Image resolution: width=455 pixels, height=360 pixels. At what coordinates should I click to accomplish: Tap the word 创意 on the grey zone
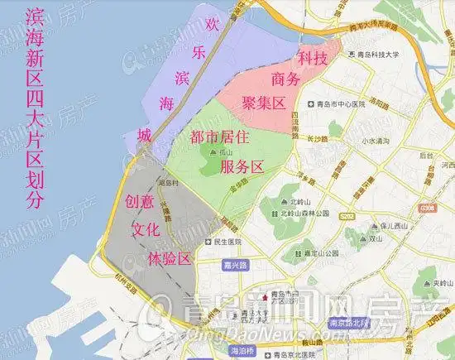pos(139,201)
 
